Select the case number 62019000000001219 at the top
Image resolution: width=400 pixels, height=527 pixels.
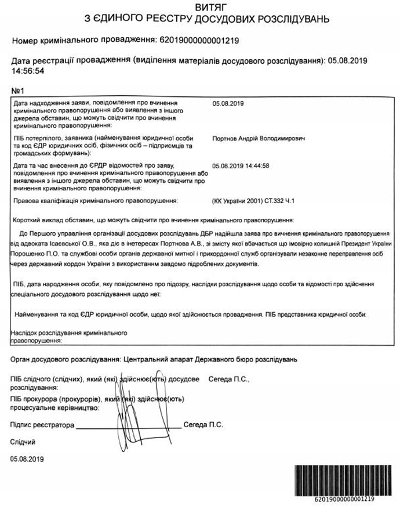pyautogui.click(x=199, y=41)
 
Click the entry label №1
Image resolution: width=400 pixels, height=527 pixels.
pyautogui.click(x=17, y=91)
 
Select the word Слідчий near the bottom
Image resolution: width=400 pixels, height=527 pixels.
pyautogui.click(x=23, y=442)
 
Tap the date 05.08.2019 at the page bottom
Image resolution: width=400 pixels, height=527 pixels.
pyautogui.click(x=27, y=459)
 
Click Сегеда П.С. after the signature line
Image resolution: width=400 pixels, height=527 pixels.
pyautogui.click(x=203, y=425)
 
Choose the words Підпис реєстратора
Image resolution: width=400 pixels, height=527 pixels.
pyautogui.click(x=42, y=425)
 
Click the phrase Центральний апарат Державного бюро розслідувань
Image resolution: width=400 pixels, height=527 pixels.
pyautogui.click(x=210, y=360)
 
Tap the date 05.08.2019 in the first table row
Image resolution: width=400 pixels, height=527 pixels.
pyautogui.click(x=228, y=104)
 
